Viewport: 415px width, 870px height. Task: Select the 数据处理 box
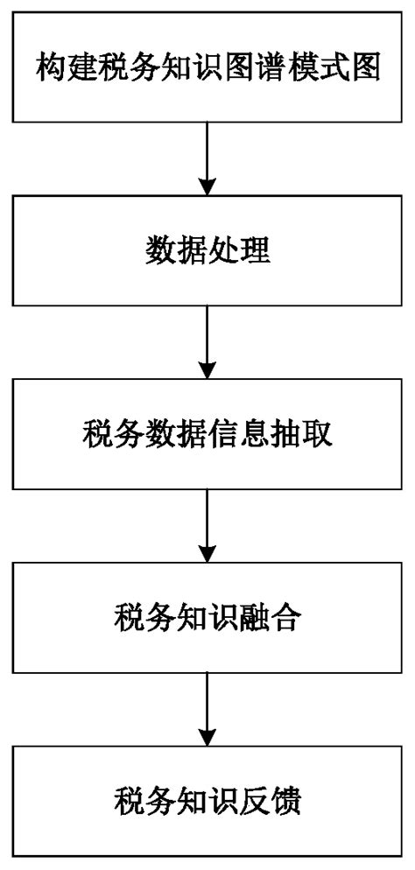click(207, 250)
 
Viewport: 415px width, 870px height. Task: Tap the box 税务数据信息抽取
click(207, 435)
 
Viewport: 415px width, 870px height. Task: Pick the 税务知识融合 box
click(207, 620)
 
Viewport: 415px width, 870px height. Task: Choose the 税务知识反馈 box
click(207, 801)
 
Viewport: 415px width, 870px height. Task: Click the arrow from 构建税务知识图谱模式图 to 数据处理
click(207, 158)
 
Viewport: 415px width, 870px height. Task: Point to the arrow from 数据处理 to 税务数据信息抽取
click(207, 342)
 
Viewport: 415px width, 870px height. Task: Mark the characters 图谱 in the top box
click(261, 67)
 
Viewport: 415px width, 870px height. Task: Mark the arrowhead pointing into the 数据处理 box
click(207, 186)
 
